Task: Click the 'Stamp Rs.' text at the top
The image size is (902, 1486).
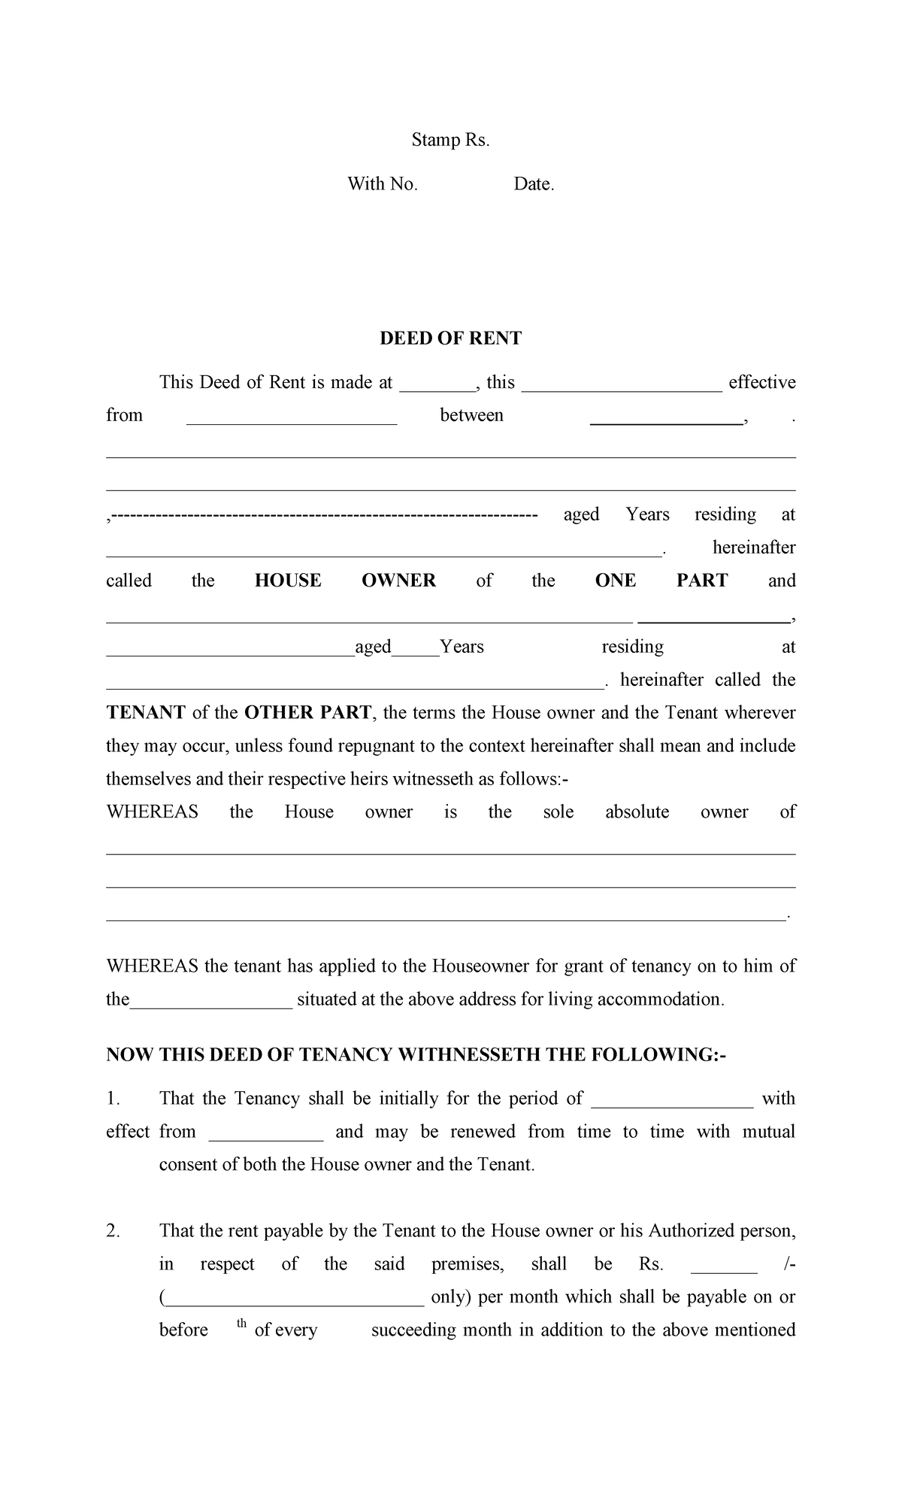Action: pos(450,140)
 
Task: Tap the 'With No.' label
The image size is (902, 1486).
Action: pos(382,184)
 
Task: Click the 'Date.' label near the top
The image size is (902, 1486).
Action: pos(534,184)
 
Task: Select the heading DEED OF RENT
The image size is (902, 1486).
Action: pos(450,338)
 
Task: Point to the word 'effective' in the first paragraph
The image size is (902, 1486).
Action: pos(761,383)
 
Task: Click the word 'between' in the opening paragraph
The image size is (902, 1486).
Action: pos(471,416)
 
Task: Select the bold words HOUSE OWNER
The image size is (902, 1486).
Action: pos(345,581)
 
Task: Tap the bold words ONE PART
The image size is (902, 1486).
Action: pos(661,581)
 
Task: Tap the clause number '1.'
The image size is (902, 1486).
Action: pos(113,1099)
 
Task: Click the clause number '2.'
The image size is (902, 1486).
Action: pos(113,1231)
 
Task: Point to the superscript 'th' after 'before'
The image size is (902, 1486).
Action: pos(241,1324)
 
